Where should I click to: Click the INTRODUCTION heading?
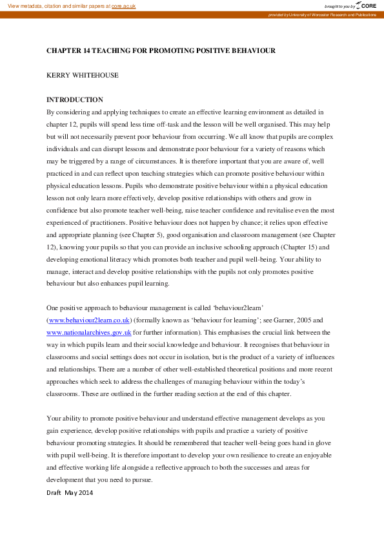tap(75, 99)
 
